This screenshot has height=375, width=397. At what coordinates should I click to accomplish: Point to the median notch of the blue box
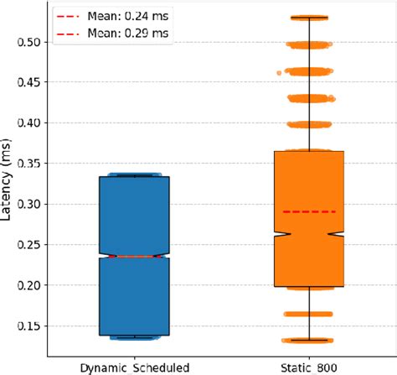(x=134, y=256)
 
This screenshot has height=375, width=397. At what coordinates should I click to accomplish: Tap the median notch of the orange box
(x=309, y=235)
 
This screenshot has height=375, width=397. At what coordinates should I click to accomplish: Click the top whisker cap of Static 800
(x=309, y=17)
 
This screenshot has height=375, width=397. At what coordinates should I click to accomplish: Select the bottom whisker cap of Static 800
(x=309, y=341)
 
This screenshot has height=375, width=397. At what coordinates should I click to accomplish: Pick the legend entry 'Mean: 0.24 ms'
(x=112, y=15)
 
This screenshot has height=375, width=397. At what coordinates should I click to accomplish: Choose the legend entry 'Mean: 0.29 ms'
(x=112, y=34)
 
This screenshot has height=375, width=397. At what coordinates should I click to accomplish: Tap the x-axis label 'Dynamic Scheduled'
(x=134, y=367)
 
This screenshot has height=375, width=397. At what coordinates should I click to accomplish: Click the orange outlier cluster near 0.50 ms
(x=309, y=44)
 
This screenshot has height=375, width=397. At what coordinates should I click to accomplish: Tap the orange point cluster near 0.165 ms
(x=309, y=314)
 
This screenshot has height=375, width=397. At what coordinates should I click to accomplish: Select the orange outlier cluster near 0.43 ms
(x=309, y=98)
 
